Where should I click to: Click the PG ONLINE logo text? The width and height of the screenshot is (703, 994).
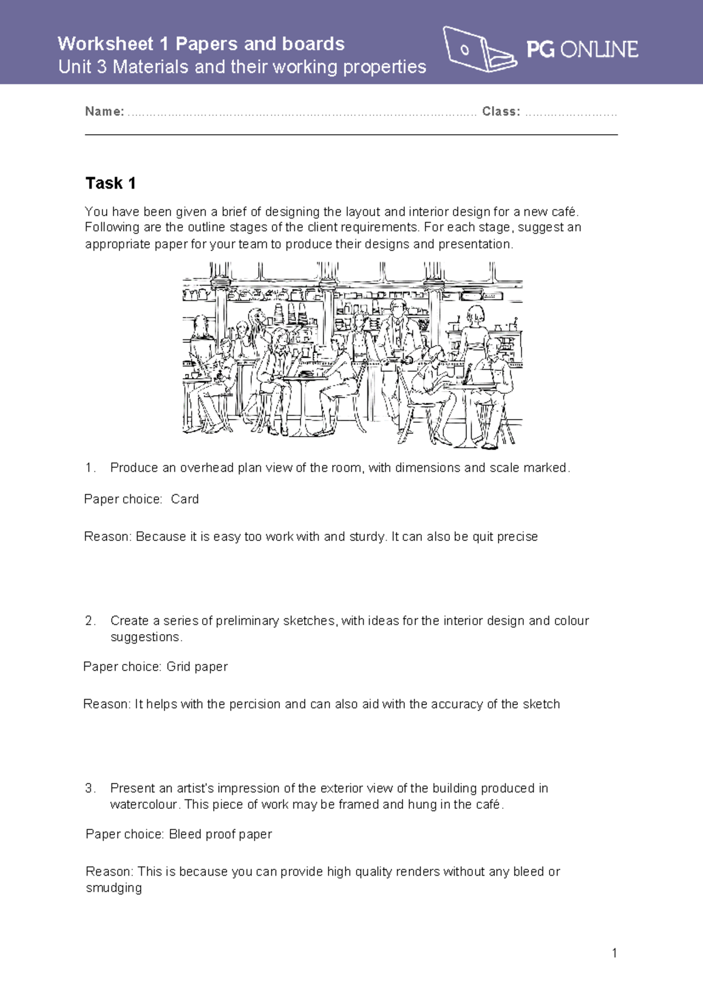tap(582, 49)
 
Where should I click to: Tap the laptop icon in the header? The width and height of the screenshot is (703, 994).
tap(477, 50)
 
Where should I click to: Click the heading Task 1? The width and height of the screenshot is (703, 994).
tap(111, 183)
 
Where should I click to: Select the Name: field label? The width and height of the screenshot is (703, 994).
tap(104, 111)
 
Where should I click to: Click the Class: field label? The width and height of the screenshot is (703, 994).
tap(501, 111)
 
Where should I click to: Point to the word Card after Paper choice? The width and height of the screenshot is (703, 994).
tap(185, 499)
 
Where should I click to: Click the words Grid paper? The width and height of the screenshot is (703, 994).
tap(197, 666)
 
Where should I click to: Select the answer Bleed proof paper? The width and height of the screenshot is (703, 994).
tap(220, 834)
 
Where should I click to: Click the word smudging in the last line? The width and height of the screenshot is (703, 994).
tap(114, 888)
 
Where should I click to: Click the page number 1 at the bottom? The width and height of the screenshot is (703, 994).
tap(614, 953)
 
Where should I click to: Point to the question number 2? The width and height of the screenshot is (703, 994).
tap(90, 621)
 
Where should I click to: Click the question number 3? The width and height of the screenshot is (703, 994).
tap(90, 788)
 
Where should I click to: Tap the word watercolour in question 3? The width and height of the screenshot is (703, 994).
tap(144, 805)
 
